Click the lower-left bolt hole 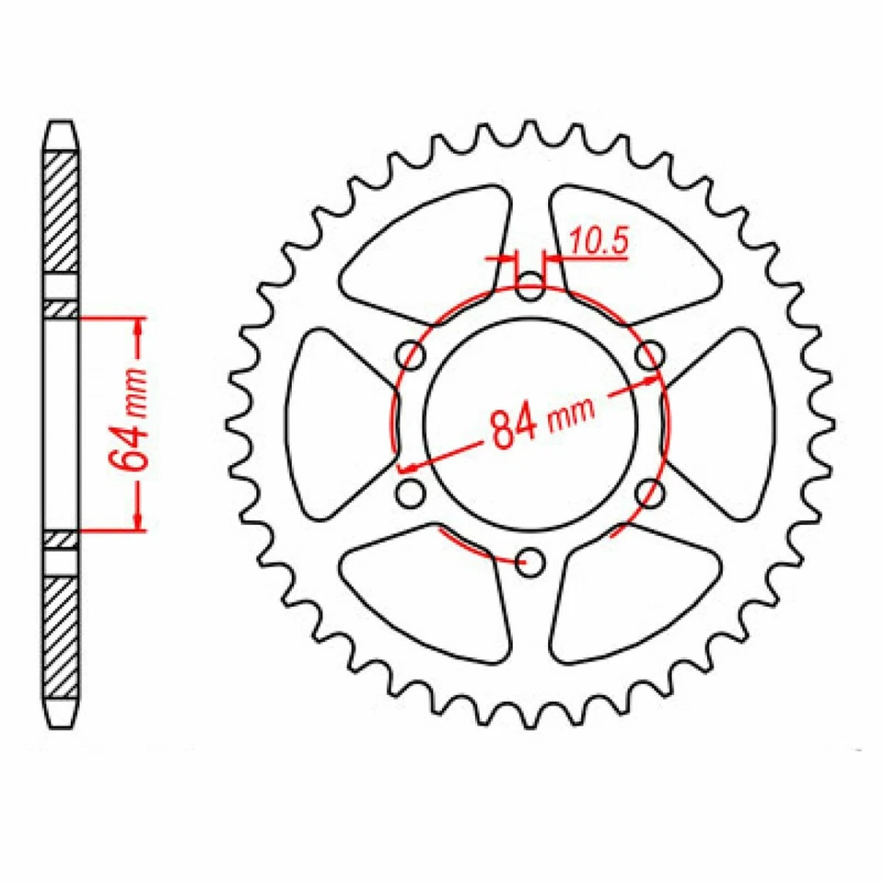tap(412, 492)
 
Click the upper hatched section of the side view tap(63, 212)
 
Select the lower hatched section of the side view tap(63, 635)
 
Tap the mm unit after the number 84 tap(571, 416)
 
